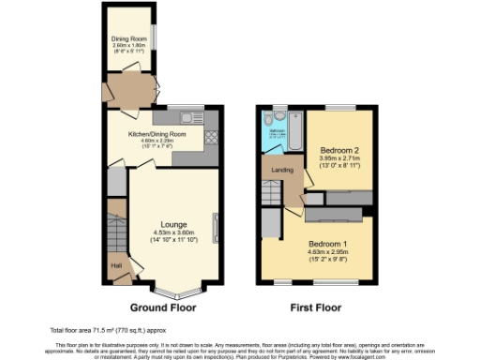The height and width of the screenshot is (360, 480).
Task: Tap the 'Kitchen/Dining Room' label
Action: coord(164,134)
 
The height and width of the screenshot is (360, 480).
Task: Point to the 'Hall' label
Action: coord(117,266)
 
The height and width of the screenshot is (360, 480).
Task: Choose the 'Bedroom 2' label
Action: coord(338,150)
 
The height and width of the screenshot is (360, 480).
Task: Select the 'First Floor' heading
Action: coord(316,307)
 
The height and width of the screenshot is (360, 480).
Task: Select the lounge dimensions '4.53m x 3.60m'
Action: coord(172,233)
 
